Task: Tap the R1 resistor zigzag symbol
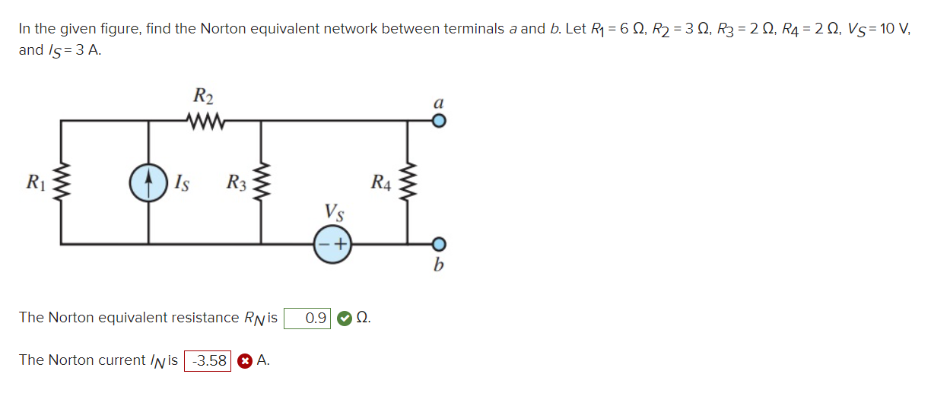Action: click(61, 183)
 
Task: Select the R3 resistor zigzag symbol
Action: click(262, 183)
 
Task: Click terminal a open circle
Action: click(437, 120)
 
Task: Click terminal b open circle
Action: click(437, 245)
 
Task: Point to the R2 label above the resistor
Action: click(203, 97)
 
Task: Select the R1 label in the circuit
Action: click(35, 182)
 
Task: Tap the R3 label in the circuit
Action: click(237, 182)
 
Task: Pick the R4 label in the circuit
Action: click(382, 182)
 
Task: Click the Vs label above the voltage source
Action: click(333, 211)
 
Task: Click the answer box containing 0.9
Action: click(308, 318)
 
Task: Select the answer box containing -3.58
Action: click(208, 361)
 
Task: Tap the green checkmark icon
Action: click(344, 318)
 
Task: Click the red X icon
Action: click(244, 361)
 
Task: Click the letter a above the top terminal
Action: click(437, 101)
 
